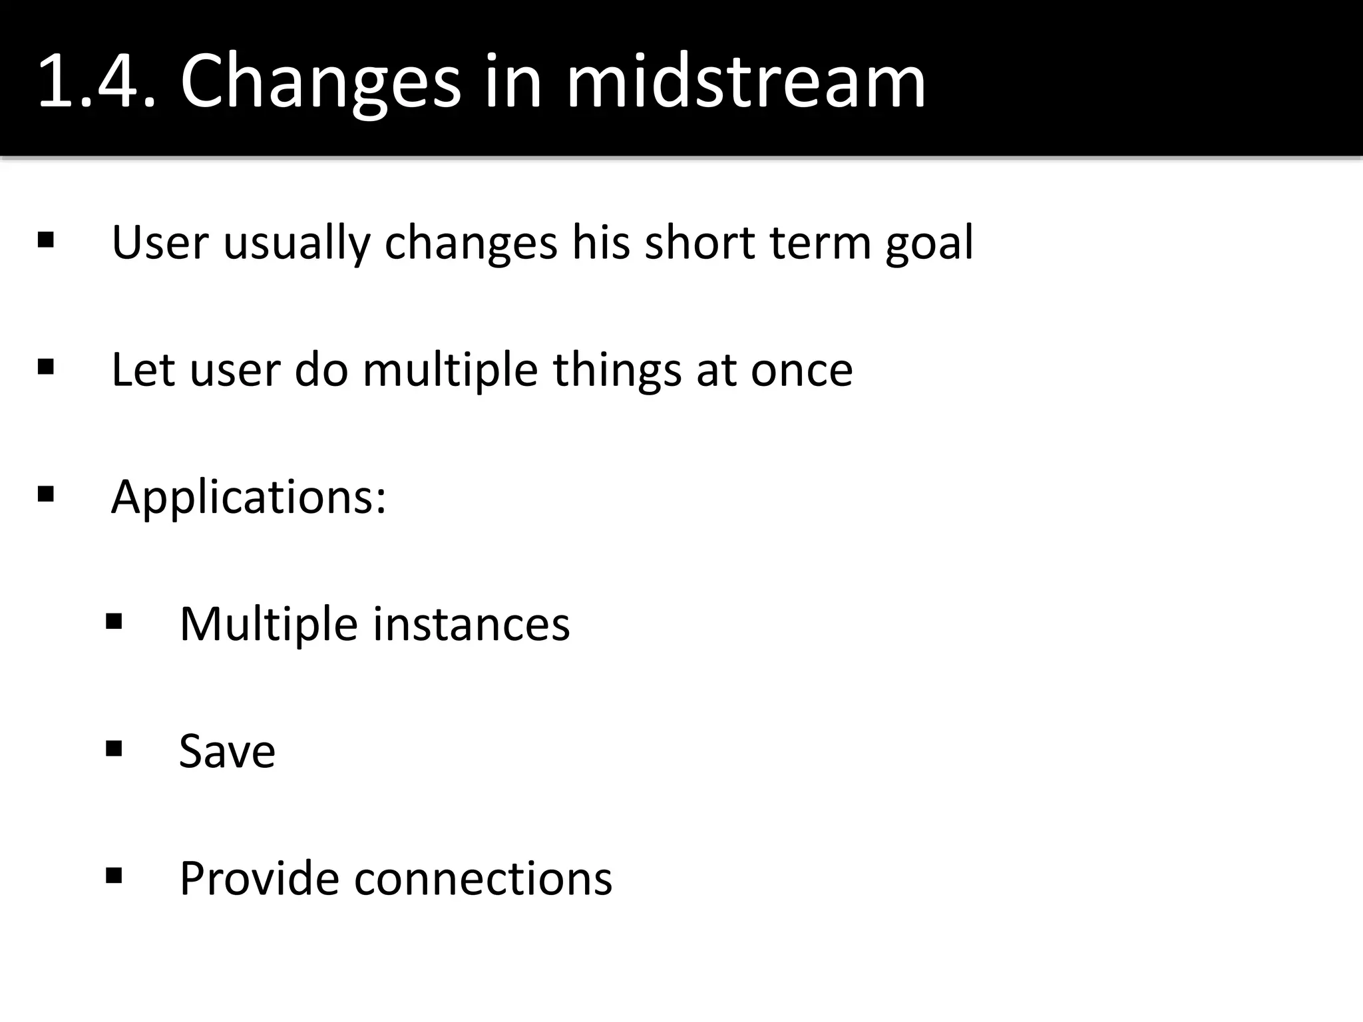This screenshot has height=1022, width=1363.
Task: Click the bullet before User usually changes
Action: [x=46, y=240]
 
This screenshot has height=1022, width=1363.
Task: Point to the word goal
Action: [x=929, y=244]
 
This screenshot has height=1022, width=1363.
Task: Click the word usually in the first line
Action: [x=296, y=244]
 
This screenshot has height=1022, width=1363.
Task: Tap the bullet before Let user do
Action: [x=46, y=367]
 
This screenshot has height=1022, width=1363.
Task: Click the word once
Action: [x=801, y=371]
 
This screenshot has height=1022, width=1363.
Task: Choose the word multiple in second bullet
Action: [x=450, y=371]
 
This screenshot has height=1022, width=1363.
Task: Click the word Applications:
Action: [x=248, y=498]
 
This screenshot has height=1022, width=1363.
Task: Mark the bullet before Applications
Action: [x=46, y=494]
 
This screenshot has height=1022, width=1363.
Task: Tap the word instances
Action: [x=471, y=625]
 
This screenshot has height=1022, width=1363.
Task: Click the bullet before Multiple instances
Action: [x=114, y=621]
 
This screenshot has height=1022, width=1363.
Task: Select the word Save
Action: [x=227, y=752]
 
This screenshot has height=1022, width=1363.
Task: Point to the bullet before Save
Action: [x=114, y=749]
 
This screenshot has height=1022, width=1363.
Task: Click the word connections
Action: [x=483, y=879]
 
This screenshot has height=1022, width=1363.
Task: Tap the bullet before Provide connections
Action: [x=114, y=876]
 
